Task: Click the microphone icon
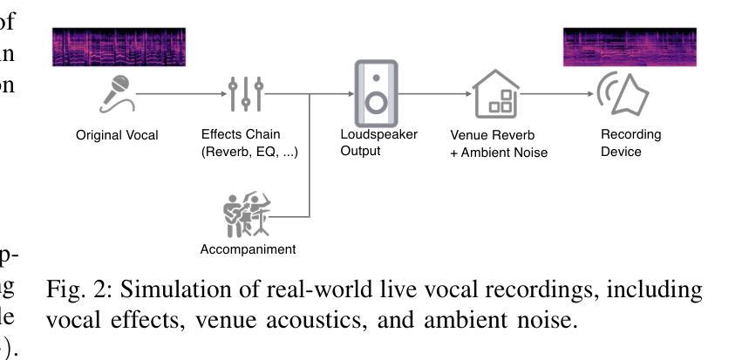click(116, 94)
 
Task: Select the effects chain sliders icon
click(246, 94)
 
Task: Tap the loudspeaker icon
click(376, 93)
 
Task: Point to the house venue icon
click(495, 93)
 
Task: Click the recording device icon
click(622, 94)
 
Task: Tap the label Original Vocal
click(117, 136)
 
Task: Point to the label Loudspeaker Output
click(378, 143)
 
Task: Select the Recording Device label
click(630, 143)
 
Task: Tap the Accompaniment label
click(249, 249)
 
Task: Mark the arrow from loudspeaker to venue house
click(433, 93)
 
